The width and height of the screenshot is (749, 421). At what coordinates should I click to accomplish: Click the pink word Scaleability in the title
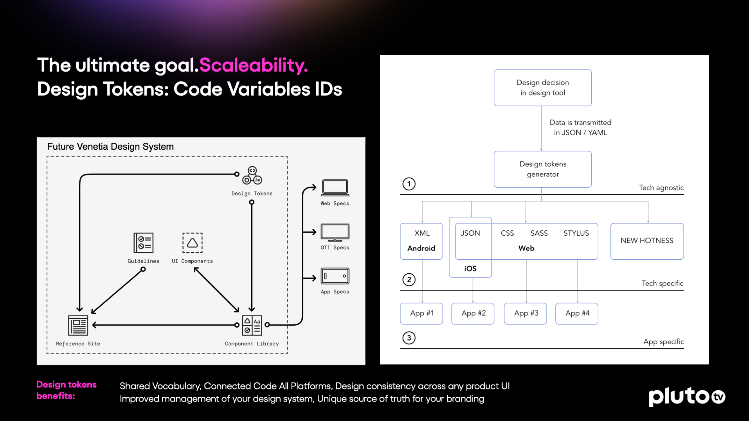(253, 65)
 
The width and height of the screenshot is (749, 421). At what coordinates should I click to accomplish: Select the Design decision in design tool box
(542, 88)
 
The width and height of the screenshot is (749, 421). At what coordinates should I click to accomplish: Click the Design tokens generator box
(542, 169)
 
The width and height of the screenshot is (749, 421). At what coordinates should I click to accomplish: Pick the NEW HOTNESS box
(647, 241)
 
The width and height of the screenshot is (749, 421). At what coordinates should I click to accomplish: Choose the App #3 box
(525, 313)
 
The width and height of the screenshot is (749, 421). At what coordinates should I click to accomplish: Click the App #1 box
(421, 313)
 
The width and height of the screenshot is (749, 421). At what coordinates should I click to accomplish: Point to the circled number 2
(409, 280)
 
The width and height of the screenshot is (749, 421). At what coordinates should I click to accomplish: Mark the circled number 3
(409, 338)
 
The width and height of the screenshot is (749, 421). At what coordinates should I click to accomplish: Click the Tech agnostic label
(661, 188)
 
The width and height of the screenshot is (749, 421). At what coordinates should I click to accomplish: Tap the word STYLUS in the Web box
(576, 233)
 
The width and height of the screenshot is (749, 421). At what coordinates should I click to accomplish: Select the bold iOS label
(470, 268)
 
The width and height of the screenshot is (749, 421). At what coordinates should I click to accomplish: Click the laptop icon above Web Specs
(335, 188)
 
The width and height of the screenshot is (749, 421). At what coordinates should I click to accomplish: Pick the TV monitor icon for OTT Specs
(335, 232)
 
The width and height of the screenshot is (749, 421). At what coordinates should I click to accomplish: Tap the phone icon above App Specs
(335, 276)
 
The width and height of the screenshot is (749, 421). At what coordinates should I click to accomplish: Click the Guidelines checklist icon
(143, 243)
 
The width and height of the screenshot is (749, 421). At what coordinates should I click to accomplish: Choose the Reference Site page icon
(78, 325)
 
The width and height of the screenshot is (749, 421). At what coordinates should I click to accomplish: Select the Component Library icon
(252, 325)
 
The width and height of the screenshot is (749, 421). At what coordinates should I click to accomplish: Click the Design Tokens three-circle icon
(252, 175)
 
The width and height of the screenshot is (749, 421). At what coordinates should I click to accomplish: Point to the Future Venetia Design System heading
(110, 146)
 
